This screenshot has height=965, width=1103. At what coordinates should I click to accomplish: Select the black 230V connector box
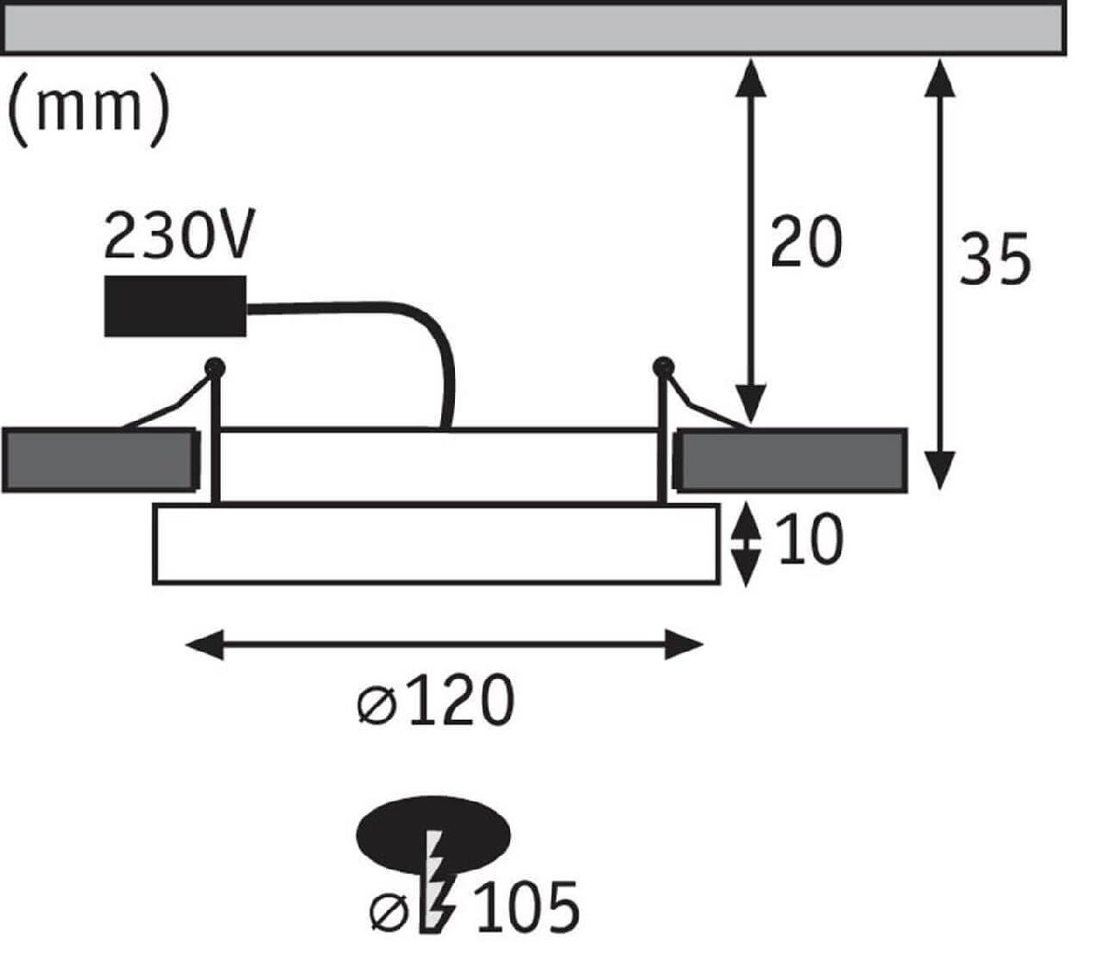click(176, 306)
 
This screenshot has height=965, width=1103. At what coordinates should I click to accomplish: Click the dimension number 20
click(805, 243)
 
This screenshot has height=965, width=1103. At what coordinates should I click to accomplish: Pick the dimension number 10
click(809, 540)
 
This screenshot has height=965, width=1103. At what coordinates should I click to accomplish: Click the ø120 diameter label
click(435, 703)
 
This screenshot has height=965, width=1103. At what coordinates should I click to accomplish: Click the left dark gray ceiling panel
click(99, 460)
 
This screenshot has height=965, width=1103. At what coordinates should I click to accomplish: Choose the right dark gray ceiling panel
click(791, 459)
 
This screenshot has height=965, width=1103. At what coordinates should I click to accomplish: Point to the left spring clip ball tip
click(215, 367)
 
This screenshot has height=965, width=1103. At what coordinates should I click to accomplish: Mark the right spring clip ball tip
click(661, 367)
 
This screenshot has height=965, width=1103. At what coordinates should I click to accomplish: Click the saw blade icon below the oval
click(433, 882)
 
